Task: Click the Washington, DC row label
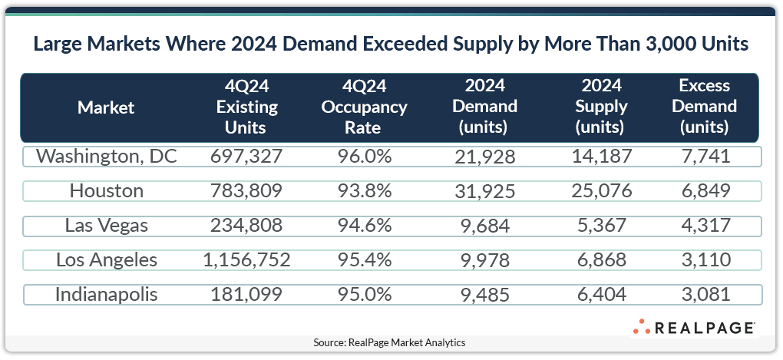coord(107,157)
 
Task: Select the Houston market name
coord(107,191)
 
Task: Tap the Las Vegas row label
coord(107,226)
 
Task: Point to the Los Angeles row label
coord(107,260)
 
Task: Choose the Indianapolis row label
coord(107,295)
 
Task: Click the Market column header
coord(106,107)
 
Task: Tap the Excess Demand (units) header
coord(704,107)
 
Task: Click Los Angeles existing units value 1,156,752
coord(248,260)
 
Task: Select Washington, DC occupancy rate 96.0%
coord(364,157)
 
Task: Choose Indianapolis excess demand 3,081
coord(704,295)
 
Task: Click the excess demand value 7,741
coord(704,157)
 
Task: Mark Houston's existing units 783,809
coord(248,191)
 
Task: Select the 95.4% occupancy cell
coord(364,260)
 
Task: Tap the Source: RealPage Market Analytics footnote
coord(389,342)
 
